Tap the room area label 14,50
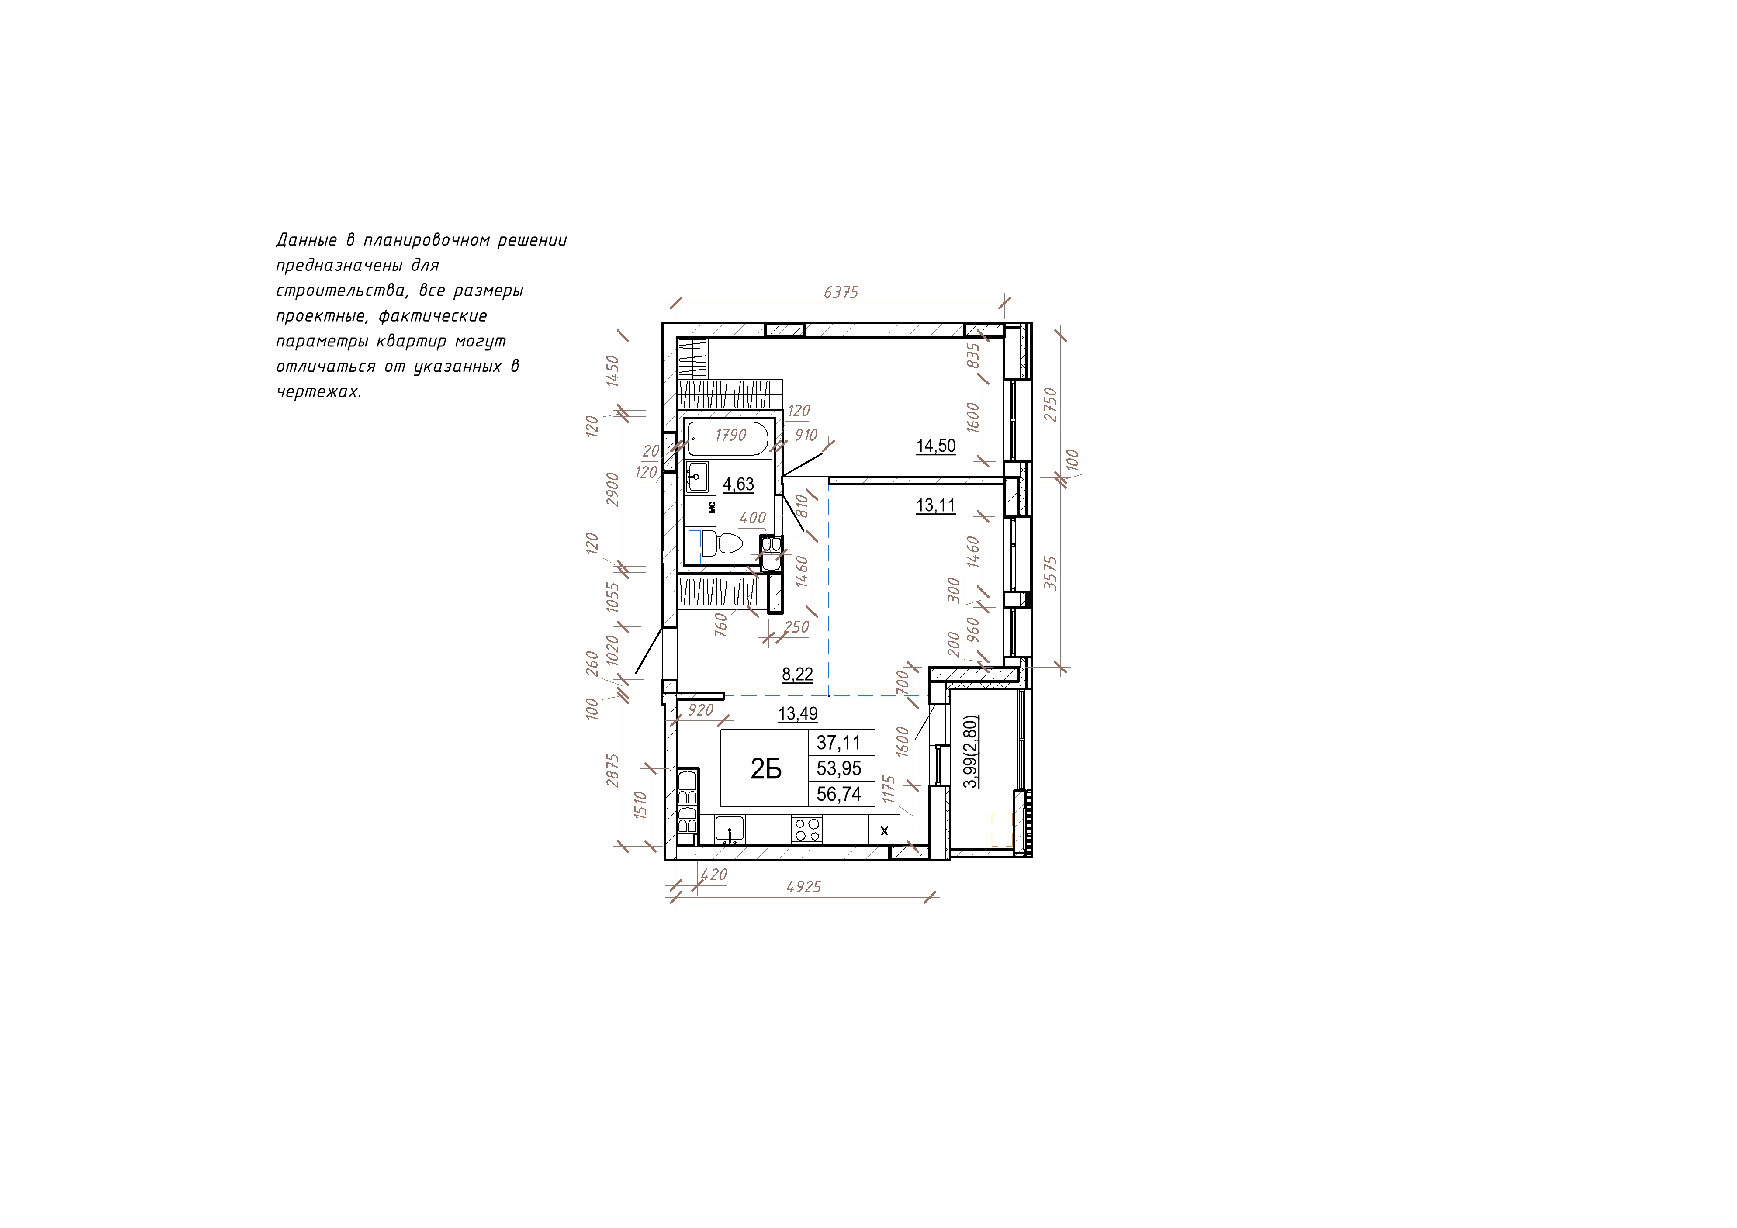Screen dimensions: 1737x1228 [x=936, y=446]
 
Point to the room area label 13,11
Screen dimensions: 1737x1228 [x=936, y=506]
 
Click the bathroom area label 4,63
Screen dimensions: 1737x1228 [x=738, y=484]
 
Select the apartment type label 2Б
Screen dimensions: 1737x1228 [x=765, y=769]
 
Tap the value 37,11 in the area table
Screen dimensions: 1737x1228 [x=838, y=743]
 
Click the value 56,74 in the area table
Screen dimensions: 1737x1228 [x=839, y=794]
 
